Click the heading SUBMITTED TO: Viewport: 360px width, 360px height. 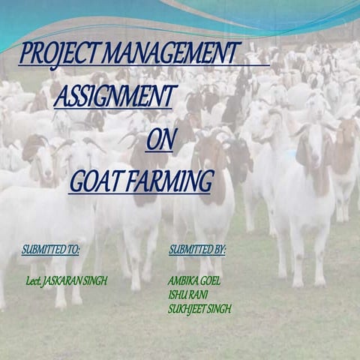51,249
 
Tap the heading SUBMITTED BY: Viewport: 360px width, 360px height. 197,249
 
